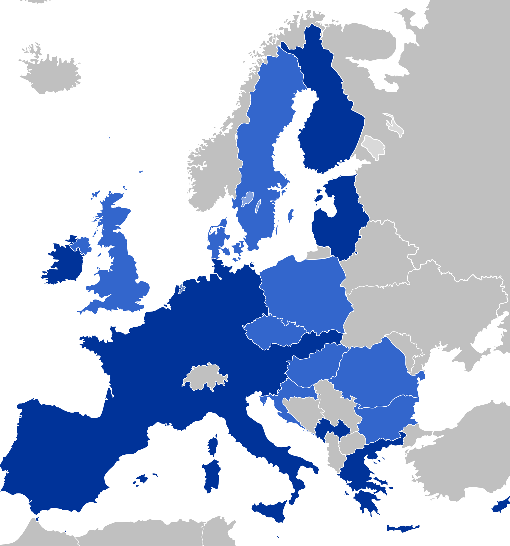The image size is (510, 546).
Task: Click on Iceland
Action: [x=52, y=74]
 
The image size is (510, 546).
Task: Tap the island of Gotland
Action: [x=290, y=216]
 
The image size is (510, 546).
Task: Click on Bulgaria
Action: [x=384, y=417]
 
